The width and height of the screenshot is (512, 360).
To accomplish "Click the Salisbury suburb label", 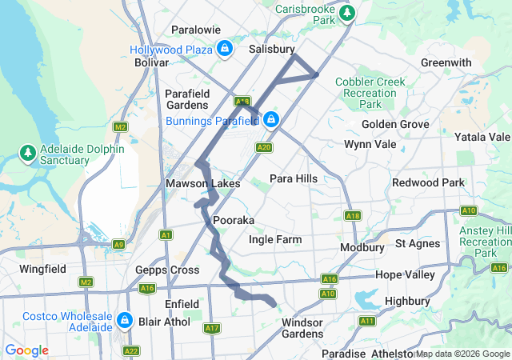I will [x=271, y=49].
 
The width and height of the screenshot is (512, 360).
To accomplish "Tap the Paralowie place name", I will [x=196, y=30].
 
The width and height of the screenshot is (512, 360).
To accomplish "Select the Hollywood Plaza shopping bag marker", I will [x=226, y=49].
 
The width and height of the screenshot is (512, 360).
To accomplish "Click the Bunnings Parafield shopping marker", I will [x=272, y=120].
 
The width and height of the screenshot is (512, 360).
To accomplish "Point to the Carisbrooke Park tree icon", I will [x=346, y=13].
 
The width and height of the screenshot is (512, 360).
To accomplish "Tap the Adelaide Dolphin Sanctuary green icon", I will [x=28, y=152].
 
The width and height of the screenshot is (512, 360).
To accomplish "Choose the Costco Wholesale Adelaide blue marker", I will [x=124, y=321].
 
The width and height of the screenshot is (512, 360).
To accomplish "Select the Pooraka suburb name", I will [x=234, y=220].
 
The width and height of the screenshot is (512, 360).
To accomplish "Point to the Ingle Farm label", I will [x=275, y=239].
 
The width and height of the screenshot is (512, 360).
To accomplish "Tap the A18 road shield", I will [x=353, y=216].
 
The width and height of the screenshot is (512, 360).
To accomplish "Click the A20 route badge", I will [x=265, y=147].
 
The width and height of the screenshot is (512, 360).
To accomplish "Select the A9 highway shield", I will [x=118, y=244].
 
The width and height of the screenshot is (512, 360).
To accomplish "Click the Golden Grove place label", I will [x=395, y=124].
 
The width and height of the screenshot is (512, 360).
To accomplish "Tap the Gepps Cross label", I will [x=167, y=270].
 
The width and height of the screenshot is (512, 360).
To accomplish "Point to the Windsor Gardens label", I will [x=302, y=328].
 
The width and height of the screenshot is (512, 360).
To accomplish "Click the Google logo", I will [x=26, y=350].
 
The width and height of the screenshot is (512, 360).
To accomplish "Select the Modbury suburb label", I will [x=362, y=247].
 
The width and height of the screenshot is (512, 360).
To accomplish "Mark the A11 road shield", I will [x=368, y=321].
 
